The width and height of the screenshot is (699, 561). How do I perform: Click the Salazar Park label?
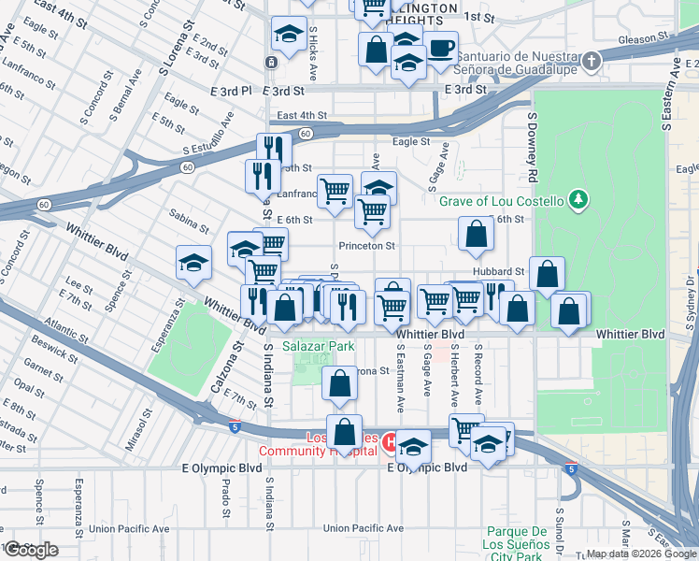click(322, 346)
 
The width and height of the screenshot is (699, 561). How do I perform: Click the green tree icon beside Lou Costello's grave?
click(579, 199)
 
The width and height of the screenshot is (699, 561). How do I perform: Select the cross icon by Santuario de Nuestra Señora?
click(591, 62)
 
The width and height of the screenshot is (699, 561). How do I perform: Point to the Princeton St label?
click(367, 246)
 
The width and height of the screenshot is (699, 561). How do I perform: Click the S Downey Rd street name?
click(533, 150)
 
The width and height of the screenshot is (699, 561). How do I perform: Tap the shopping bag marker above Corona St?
click(339, 381)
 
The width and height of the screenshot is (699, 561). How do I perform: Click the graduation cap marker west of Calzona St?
click(193, 262)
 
